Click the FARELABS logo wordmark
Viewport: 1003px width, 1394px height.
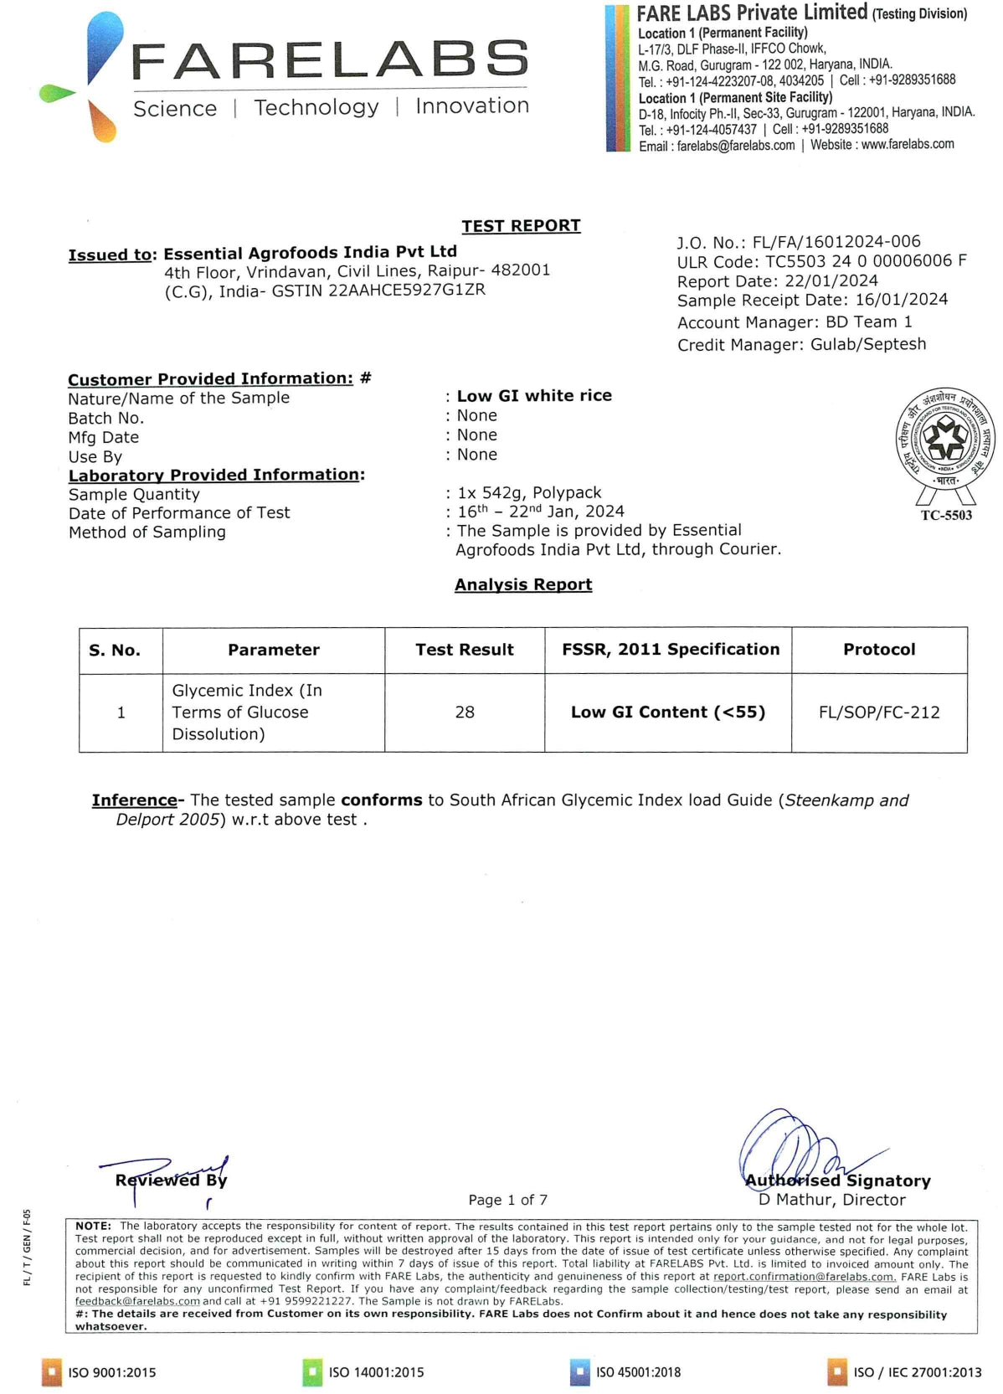[x=330, y=60]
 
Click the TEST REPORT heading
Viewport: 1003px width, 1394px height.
[x=521, y=225]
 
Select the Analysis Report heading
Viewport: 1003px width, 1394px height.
[x=523, y=584]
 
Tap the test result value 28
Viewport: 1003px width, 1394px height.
[x=465, y=712]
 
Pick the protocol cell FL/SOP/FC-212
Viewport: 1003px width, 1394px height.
[x=879, y=712]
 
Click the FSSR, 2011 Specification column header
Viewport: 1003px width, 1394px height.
[x=670, y=649]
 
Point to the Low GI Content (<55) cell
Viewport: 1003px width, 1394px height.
[x=668, y=712]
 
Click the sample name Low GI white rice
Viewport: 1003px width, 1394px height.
[x=534, y=395]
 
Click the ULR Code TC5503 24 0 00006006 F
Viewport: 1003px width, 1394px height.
[x=866, y=261]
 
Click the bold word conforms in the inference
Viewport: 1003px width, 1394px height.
[x=381, y=800]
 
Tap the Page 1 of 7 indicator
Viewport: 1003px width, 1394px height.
[x=507, y=1200]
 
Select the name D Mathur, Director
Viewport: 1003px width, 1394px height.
[x=831, y=1199]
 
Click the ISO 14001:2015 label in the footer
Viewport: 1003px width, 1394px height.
[x=376, y=1372]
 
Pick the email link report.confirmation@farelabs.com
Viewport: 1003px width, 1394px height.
[x=804, y=1277]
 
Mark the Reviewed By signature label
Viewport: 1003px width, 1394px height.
[x=171, y=1180]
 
